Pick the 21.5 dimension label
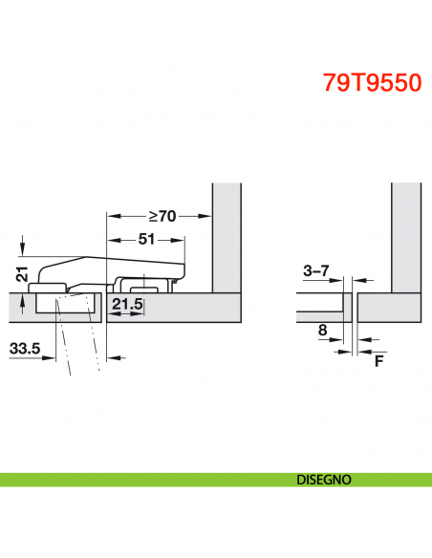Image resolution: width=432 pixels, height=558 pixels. [x=127, y=306]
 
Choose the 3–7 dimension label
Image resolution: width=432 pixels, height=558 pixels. [x=315, y=271]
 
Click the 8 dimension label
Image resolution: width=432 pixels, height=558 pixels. [x=321, y=332]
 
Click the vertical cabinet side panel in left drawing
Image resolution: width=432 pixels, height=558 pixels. [x=226, y=239]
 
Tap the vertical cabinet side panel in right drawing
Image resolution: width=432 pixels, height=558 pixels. [x=406, y=239]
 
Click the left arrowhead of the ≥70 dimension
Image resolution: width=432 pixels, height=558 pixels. [x=111, y=216]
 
